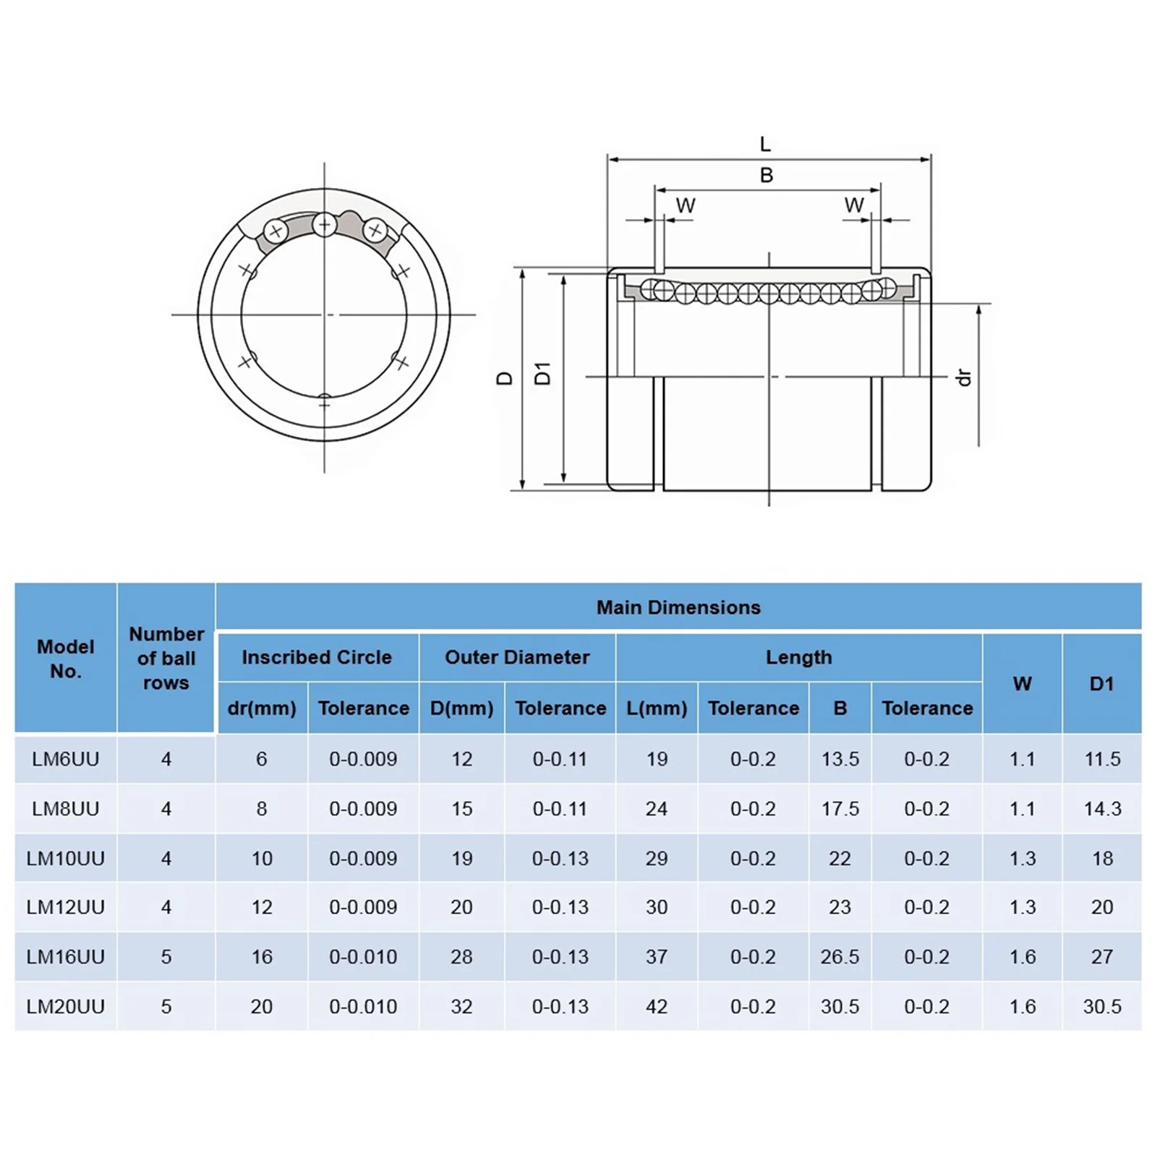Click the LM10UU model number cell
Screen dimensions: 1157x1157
pos(65,858)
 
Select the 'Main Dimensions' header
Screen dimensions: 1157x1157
pos(678,607)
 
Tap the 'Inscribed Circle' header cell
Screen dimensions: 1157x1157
pos(317,657)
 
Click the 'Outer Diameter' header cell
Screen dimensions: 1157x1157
pos(517,657)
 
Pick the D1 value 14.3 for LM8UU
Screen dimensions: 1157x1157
pos(1102,808)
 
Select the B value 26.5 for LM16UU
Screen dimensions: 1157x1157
pos(840,957)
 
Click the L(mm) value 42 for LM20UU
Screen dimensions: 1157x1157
pos(657,1007)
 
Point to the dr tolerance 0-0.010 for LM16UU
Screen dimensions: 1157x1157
pos(363,957)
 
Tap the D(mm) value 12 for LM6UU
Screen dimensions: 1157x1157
pos(461,759)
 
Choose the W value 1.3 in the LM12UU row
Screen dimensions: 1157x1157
pos(1022,907)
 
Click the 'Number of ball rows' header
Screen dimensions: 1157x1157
pos(166,658)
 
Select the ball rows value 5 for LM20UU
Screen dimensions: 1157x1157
pos(166,1007)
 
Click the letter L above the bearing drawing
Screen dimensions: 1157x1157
pos(766,145)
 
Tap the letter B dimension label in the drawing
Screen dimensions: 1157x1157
pos(767,175)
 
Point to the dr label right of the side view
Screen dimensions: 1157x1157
pos(963,377)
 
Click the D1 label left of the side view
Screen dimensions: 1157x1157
pos(542,373)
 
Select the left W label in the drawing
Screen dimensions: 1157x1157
pos(686,205)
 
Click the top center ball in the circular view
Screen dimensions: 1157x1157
pos(325,225)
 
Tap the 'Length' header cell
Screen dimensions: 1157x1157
pos(799,657)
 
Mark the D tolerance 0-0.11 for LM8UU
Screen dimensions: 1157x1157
pos(560,808)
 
